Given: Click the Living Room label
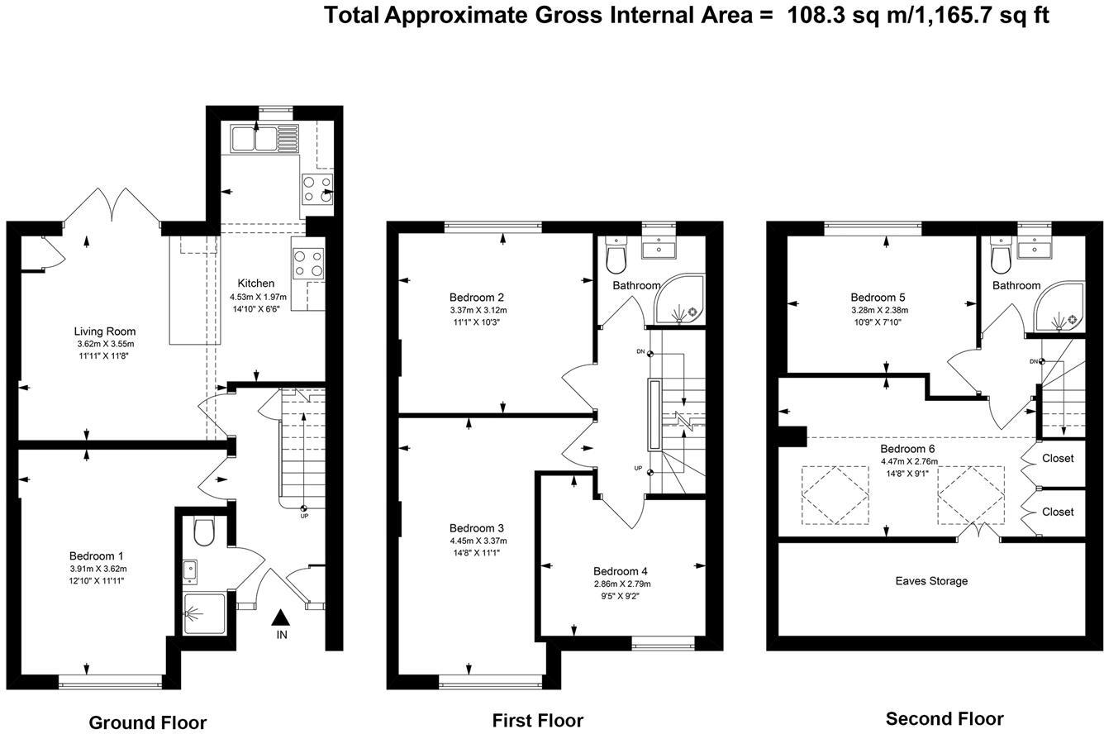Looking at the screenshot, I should coord(104,331).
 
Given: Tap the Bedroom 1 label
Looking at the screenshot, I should coord(96,556).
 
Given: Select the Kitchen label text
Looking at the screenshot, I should coord(255,284).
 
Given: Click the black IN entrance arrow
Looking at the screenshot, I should coord(281,617).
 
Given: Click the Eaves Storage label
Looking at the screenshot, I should coord(931,581).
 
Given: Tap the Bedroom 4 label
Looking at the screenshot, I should coord(620,571).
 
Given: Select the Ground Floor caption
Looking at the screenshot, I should coord(147,722).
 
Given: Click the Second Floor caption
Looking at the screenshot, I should coord(945,718).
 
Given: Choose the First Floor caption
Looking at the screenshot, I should coord(537,721).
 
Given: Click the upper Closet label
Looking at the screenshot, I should coord(1058,458).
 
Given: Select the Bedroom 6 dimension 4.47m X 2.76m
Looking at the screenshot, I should coord(909,462).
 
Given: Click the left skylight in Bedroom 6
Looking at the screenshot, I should coord(835,495).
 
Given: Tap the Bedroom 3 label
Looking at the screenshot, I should coord(477,528).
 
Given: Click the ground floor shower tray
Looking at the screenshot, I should coord(203,614).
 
